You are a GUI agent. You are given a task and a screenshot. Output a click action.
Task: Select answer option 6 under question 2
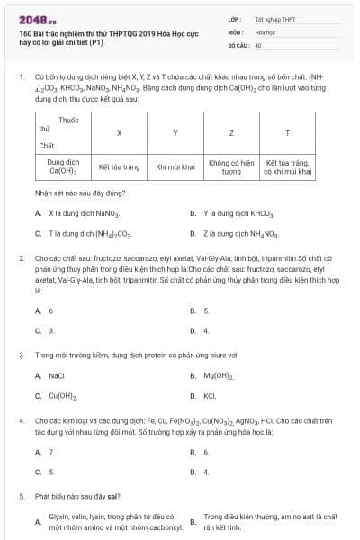(x=50, y=310)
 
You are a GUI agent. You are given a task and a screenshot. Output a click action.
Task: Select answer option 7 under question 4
(x=50, y=452)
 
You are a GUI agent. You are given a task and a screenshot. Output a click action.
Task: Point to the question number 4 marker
(x=21, y=419)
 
